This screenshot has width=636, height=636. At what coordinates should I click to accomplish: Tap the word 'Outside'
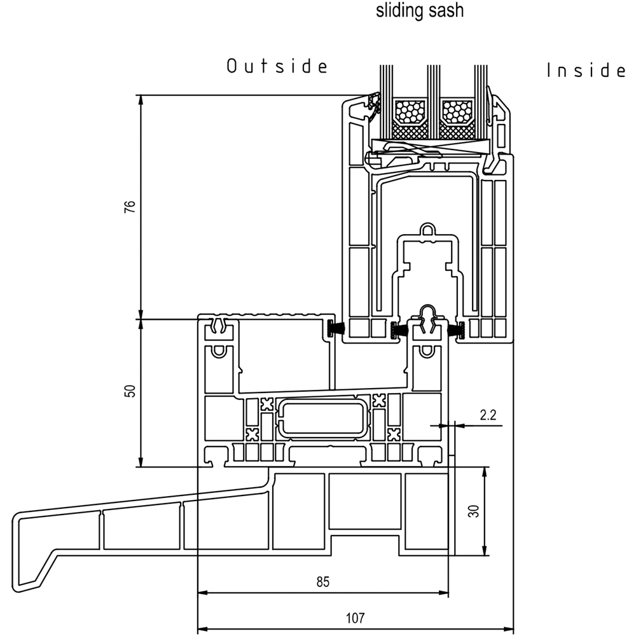pyautogui.click(x=277, y=66)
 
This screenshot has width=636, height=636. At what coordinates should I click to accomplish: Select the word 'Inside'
pyautogui.click(x=586, y=70)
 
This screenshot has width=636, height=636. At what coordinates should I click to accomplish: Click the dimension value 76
pyautogui.click(x=130, y=207)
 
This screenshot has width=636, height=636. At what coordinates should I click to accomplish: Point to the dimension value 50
pyautogui.click(x=130, y=391)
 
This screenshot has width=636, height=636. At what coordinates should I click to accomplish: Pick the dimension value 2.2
pyautogui.click(x=488, y=415)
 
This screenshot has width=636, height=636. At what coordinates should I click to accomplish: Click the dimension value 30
pyautogui.click(x=473, y=511)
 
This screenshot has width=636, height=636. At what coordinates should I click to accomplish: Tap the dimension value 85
pyautogui.click(x=323, y=582)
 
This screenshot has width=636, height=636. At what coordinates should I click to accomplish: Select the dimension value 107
pyautogui.click(x=356, y=618)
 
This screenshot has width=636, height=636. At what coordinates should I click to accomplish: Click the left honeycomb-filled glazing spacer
pyautogui.click(x=410, y=111)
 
